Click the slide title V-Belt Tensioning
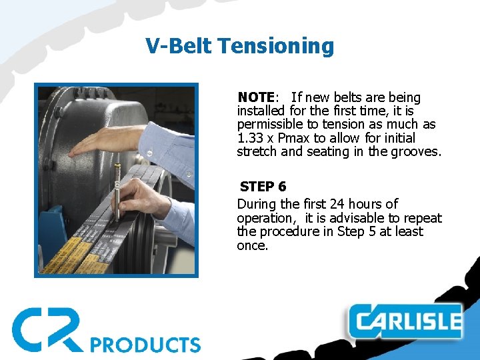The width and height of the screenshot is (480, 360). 239,46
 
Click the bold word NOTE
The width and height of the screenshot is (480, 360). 256,98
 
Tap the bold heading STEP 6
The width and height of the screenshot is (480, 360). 263,187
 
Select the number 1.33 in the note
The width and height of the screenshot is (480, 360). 250,138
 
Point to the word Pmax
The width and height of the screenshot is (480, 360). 293,138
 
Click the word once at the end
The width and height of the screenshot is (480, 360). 252,245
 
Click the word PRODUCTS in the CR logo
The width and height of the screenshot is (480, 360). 145,345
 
